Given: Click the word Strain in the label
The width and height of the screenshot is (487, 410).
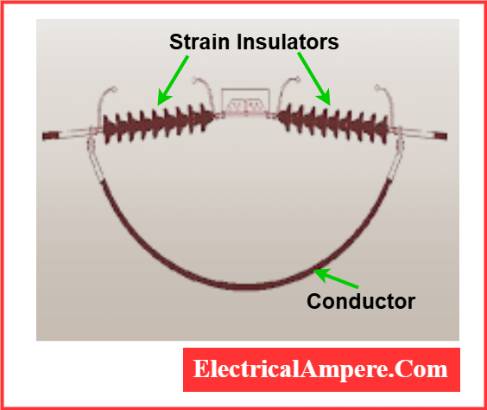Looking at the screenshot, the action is click(199, 42).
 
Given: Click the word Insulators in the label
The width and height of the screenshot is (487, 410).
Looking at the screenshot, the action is click(288, 42).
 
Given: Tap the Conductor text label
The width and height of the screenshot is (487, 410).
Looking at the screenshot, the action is click(361, 301).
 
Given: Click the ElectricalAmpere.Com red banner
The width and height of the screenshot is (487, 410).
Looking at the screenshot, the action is click(321, 369).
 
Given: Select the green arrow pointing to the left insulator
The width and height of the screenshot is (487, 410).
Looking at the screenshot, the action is click(173, 80).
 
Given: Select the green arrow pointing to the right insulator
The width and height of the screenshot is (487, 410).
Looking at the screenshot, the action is click(314, 79).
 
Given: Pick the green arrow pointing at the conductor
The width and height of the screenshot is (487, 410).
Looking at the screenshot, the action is click(336, 279).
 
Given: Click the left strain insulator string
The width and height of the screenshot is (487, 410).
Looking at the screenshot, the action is click(158, 125).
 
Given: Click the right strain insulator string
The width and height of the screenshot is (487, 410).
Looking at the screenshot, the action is click(332, 124).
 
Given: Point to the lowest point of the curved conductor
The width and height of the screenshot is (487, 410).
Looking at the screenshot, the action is click(245, 287).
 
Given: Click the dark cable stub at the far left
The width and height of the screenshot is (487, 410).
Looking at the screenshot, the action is click(50, 136).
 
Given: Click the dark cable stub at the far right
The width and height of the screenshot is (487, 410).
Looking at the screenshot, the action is click(440, 136).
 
